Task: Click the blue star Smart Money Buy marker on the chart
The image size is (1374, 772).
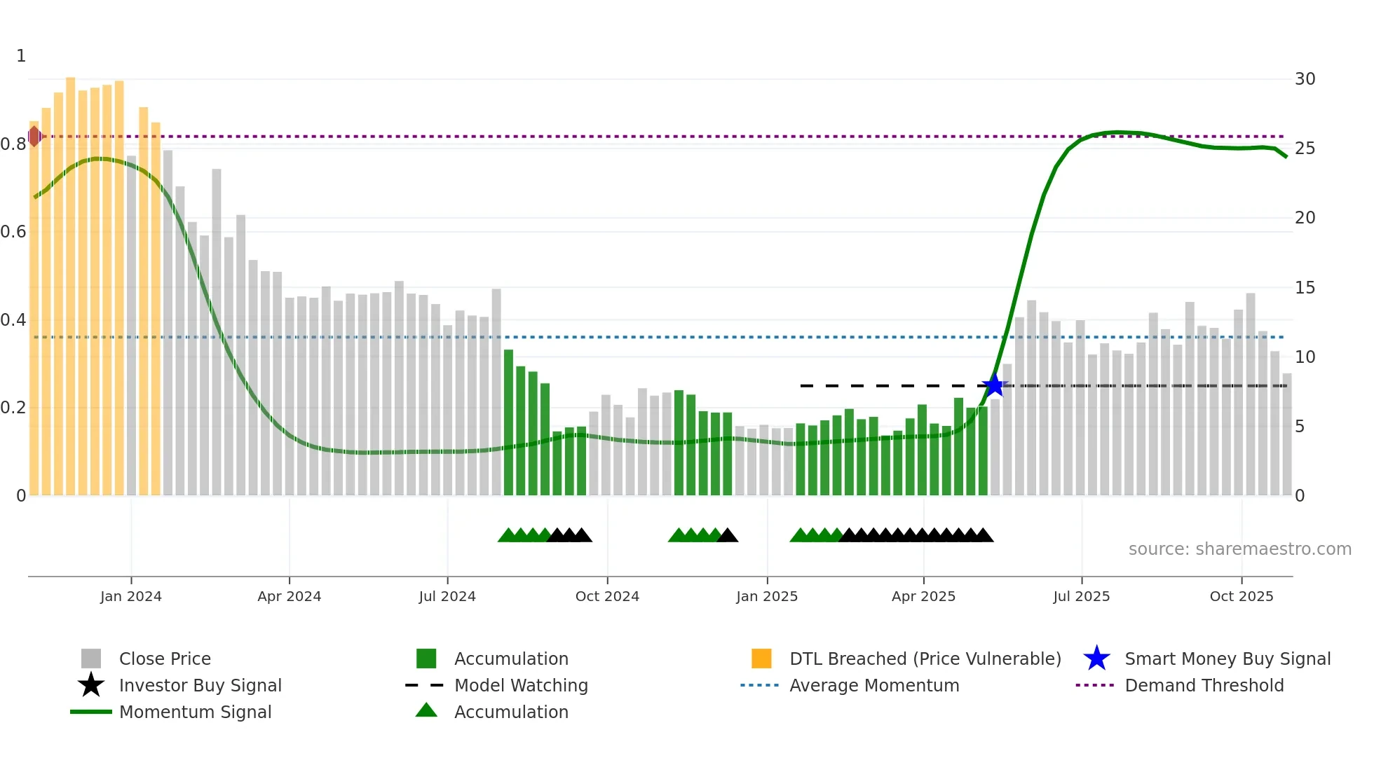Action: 993,385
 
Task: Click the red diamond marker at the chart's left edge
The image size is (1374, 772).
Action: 34,136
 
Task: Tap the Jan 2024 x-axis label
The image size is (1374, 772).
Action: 131,596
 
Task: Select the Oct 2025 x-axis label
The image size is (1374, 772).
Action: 1241,596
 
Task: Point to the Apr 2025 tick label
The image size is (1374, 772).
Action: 923,596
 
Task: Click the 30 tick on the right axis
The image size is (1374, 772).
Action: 1305,79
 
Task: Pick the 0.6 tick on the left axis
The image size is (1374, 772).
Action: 14,232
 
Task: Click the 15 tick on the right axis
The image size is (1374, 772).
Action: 1305,288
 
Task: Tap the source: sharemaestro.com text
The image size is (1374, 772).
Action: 1239,549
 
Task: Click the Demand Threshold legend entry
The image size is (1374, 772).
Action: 1204,685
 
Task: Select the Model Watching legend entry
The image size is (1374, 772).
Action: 521,685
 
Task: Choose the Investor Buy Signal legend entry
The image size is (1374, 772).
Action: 200,685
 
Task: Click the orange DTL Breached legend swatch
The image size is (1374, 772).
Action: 761,659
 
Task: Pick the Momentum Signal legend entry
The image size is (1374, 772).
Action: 195,712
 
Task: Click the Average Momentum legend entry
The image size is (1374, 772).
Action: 873,685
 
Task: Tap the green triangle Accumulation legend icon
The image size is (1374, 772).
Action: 426,711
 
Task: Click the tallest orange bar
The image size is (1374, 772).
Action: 71,280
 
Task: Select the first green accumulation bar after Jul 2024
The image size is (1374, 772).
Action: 509,420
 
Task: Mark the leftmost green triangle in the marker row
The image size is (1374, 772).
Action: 508,536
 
